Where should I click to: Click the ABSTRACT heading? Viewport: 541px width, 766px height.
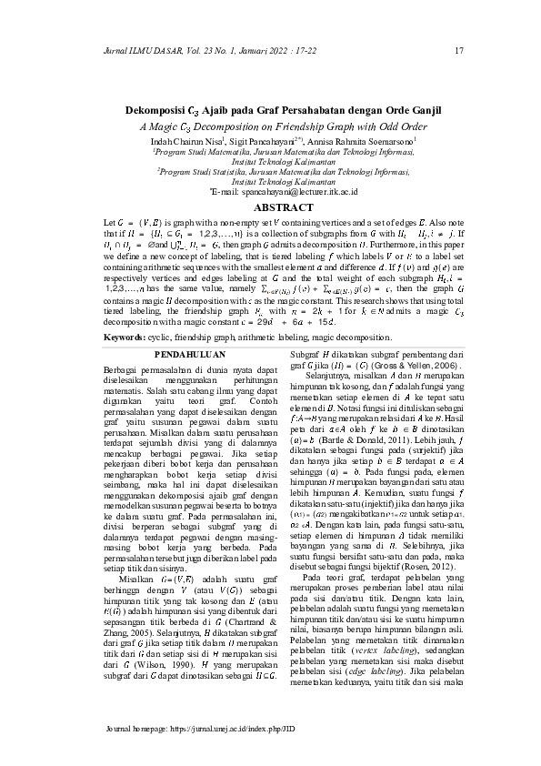point(270,207)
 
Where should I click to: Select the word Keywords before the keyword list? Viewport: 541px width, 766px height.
point(124,311)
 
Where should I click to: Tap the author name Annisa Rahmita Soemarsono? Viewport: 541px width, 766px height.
point(367,142)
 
